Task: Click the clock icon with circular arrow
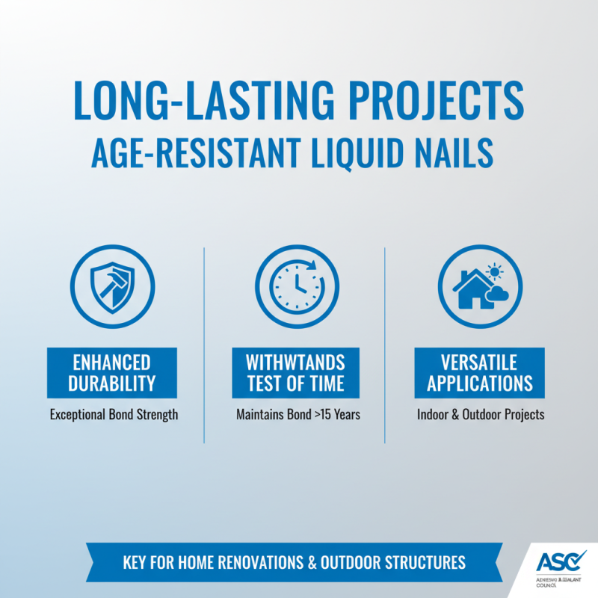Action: point(297,286)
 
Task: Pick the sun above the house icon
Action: point(493,270)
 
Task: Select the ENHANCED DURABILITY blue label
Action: point(112,373)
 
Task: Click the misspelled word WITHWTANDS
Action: point(296,363)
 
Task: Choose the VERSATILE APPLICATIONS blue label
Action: point(480,373)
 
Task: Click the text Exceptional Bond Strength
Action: point(114,413)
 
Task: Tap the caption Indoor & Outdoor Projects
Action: point(481,413)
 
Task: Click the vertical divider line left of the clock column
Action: point(204,344)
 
